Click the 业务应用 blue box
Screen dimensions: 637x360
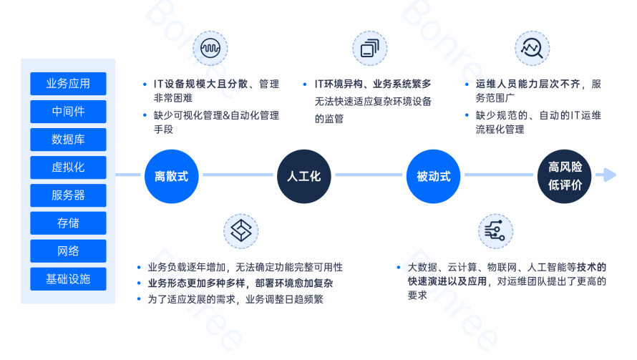tap(68, 84)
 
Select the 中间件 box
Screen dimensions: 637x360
tap(68, 112)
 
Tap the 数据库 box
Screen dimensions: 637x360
tap(68, 140)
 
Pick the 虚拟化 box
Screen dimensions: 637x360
tap(68, 167)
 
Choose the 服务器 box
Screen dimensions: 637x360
tap(68, 195)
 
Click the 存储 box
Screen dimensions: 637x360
tap(68, 223)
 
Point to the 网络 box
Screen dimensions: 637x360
tap(68, 251)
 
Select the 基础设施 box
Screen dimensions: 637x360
tap(68, 279)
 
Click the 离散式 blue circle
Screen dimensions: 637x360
tap(171, 176)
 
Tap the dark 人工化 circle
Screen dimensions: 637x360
tap(303, 176)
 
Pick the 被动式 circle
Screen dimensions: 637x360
tap(433, 176)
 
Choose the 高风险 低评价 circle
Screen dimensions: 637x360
tap(565, 176)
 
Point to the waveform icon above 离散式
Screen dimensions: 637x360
tap(211, 49)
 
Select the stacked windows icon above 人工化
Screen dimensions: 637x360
tap(370, 49)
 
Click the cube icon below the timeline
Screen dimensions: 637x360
tap(241, 230)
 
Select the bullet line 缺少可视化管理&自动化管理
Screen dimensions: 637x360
tap(215, 115)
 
